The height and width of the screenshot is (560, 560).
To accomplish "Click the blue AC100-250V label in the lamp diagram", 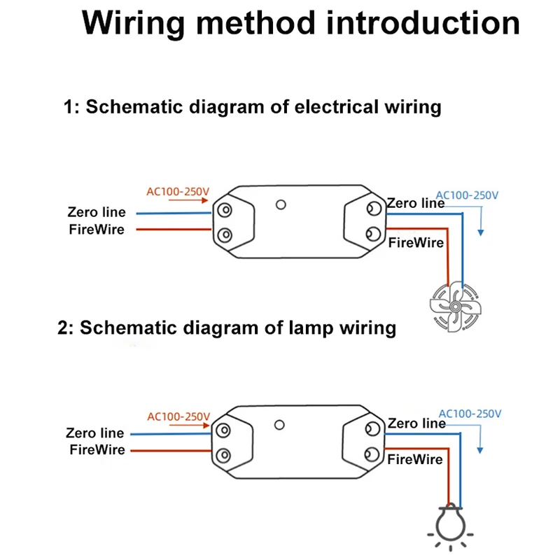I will click(469, 414).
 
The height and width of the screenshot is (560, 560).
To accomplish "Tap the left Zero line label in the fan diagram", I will click(97, 212).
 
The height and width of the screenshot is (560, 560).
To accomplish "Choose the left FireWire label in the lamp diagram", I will click(97, 449).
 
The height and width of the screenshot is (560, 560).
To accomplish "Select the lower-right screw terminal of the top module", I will click(373, 234).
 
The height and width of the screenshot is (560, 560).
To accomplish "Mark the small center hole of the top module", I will click(281, 205).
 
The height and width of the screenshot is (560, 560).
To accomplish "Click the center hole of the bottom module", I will click(281, 425).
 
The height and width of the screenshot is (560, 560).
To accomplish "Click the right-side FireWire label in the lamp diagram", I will click(415, 459).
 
